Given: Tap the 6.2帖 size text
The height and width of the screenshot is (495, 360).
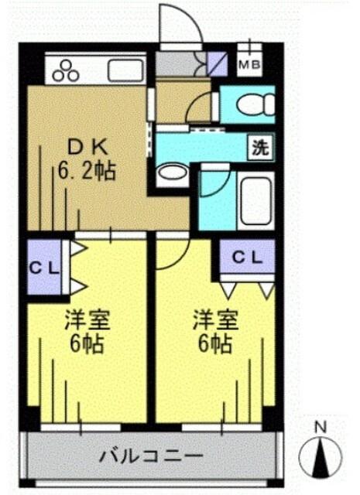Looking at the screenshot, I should (x=86, y=170).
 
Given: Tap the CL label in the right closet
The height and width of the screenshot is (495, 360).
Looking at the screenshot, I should (x=247, y=257).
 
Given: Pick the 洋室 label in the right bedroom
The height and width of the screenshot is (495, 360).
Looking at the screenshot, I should (x=211, y=320).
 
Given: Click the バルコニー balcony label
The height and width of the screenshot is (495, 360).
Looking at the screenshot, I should (x=151, y=456).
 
